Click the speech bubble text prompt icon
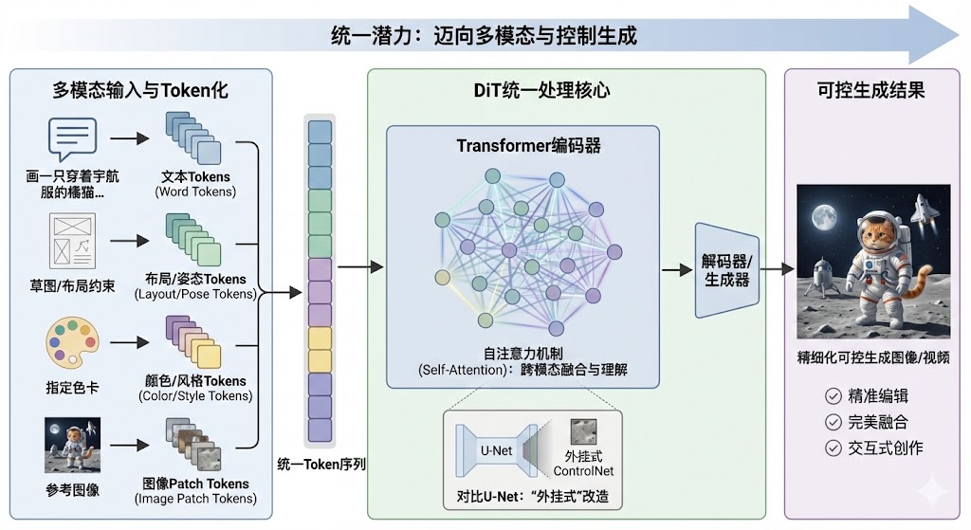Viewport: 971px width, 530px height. (x=72, y=138)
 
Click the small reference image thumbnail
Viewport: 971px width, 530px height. (x=72, y=445)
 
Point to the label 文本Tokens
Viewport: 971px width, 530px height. (x=195, y=176)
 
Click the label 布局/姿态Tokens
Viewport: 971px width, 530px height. (x=195, y=279)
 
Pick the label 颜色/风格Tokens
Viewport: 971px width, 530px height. (x=195, y=380)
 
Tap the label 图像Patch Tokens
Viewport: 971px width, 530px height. (x=195, y=483)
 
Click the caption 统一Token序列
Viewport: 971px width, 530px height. (x=322, y=464)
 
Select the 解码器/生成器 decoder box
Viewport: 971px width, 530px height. (x=726, y=270)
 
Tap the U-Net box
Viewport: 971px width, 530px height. (x=498, y=449)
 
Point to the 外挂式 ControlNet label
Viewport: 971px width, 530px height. (x=583, y=463)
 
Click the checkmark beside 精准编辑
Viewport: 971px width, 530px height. (x=834, y=395)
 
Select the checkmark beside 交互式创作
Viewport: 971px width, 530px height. (x=834, y=447)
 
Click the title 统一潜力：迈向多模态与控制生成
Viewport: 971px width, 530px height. (x=484, y=36)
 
